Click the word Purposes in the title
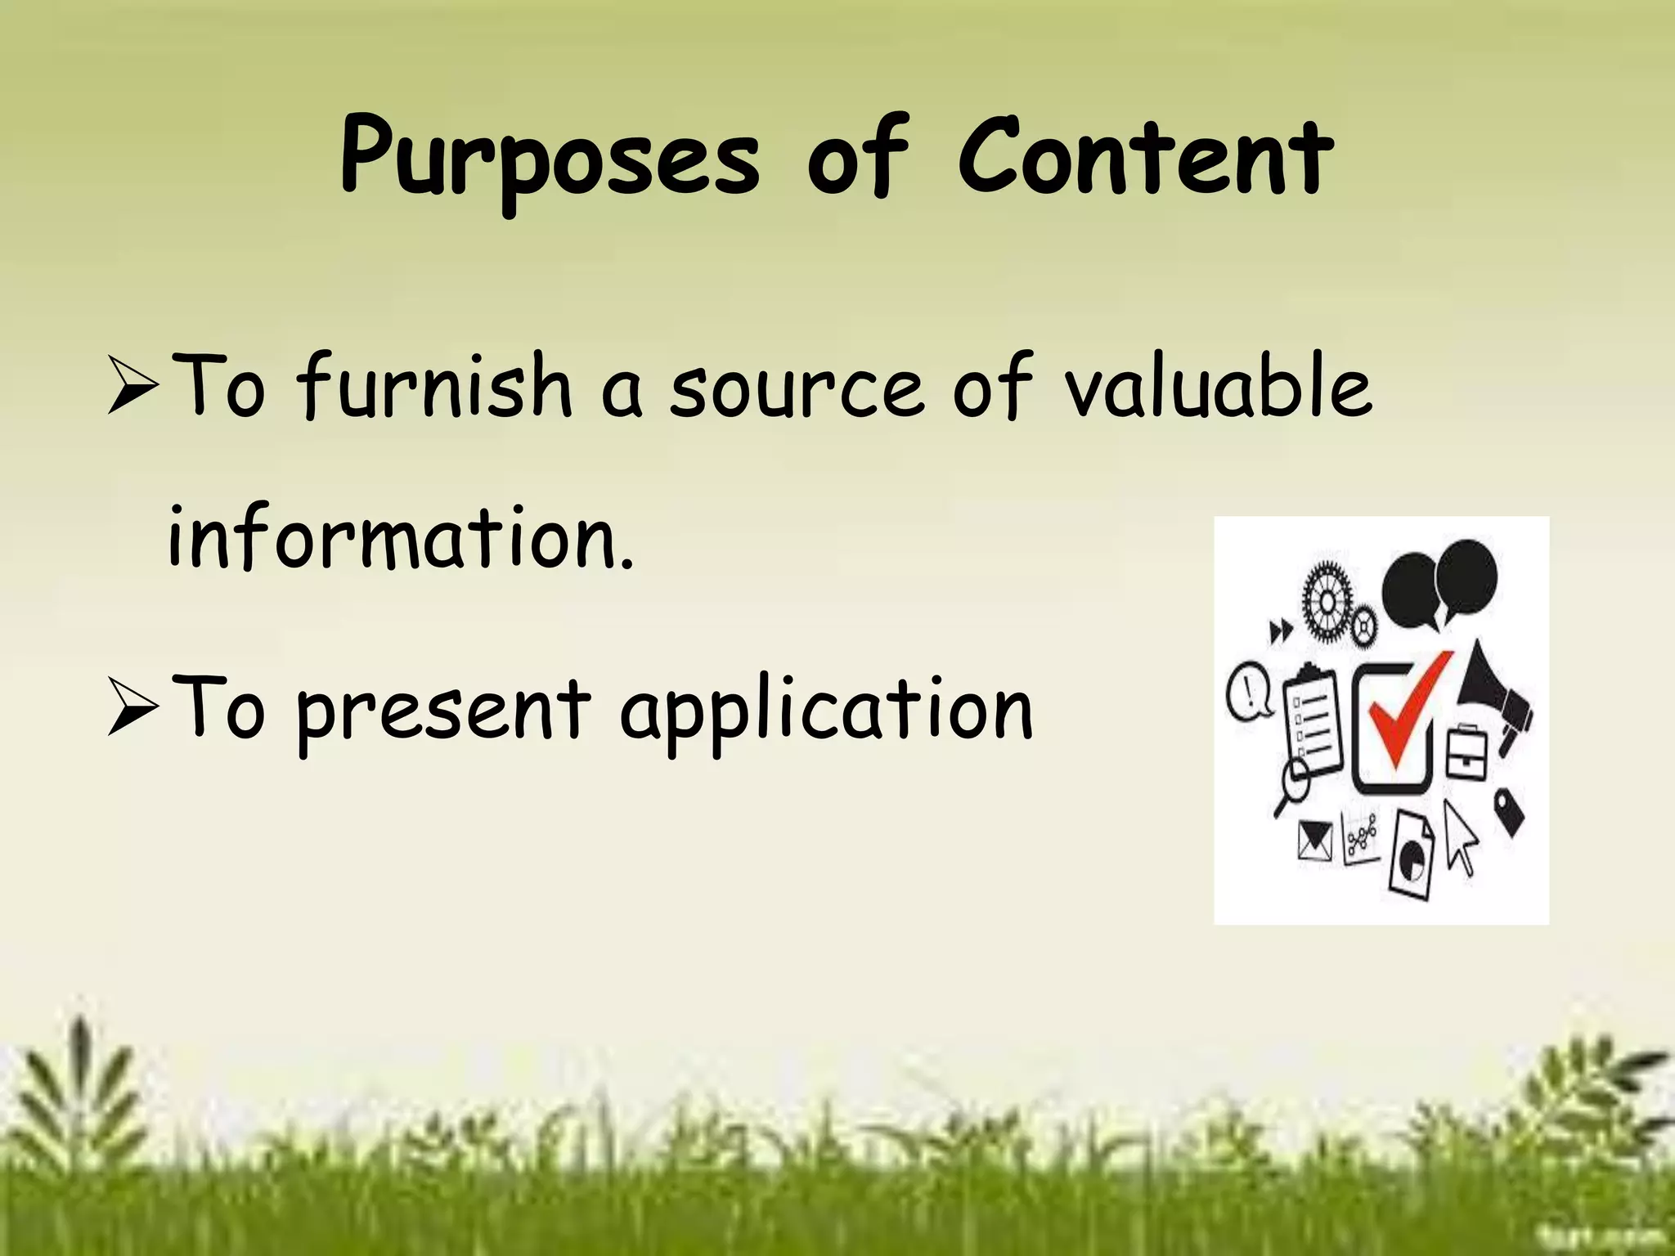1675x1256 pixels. coord(550,159)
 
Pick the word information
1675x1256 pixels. coord(401,537)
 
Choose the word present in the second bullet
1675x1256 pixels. coord(442,710)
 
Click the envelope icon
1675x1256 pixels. coord(1315,842)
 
